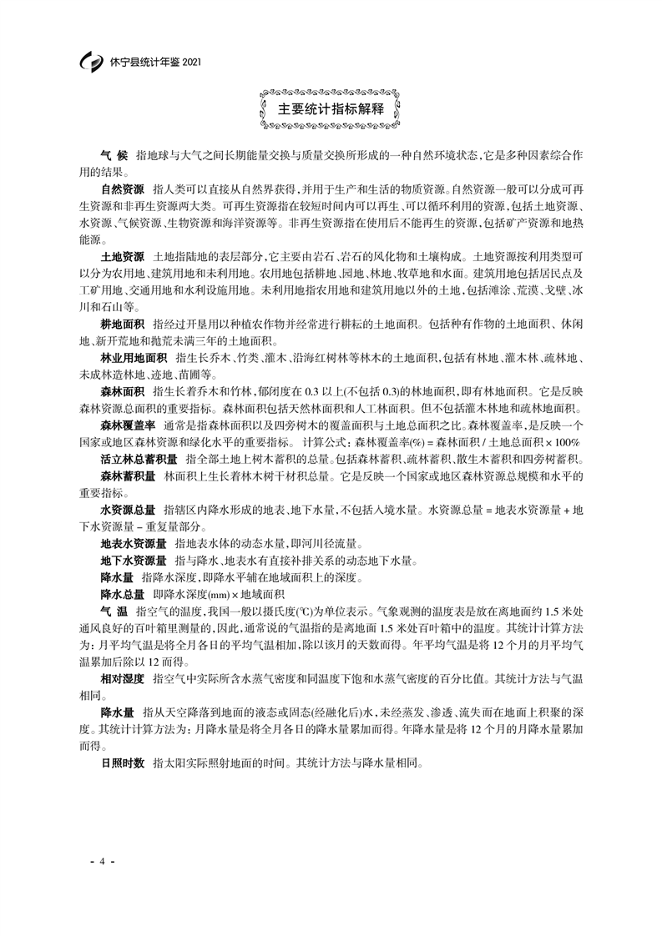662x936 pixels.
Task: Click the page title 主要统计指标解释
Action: tap(331, 108)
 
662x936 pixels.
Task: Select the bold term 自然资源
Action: tap(123, 190)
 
